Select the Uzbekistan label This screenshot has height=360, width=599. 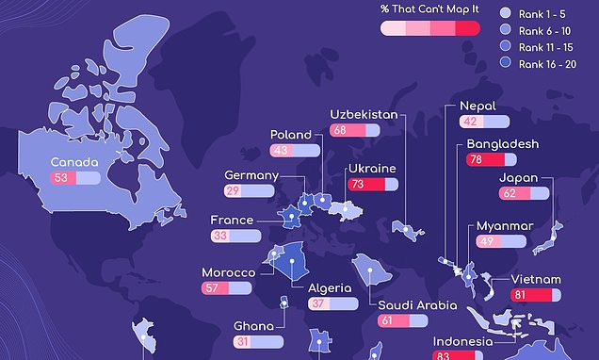(363, 114)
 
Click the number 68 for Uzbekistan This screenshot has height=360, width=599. (339, 130)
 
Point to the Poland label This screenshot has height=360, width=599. (290, 135)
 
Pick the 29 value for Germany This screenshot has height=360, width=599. (232, 191)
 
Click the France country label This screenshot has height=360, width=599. (232, 221)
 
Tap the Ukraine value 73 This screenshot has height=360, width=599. (357, 185)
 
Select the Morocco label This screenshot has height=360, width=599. (229, 273)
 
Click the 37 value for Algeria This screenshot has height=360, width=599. (317, 304)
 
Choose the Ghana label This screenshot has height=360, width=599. (254, 327)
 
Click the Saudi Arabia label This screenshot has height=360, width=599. (417, 305)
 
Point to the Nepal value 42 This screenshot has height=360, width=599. (470, 122)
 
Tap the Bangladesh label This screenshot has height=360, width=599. (502, 144)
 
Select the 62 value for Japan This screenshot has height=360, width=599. (509, 193)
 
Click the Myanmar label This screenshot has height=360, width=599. (505, 226)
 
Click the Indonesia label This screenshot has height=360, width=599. (462, 341)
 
